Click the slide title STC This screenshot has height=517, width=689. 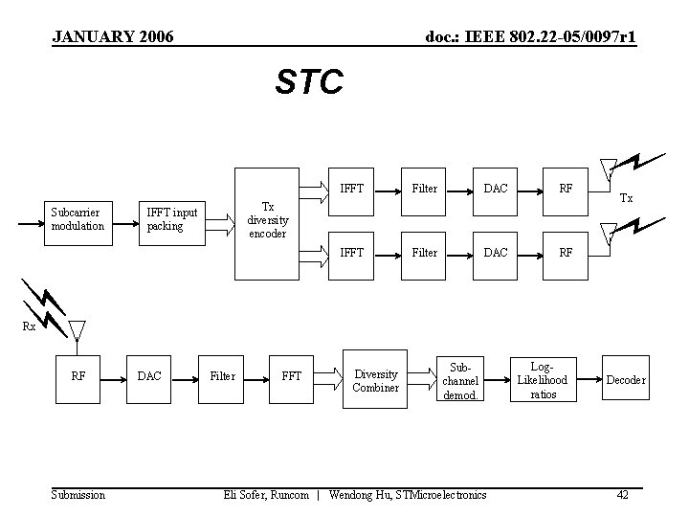[308, 83]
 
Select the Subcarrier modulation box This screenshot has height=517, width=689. [78, 219]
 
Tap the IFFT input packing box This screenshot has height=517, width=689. [172, 219]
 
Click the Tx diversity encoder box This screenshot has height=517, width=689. [268, 219]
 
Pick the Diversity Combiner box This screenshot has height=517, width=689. [375, 380]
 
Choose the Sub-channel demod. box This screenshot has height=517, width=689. [460, 380]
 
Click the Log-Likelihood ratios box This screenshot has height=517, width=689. [543, 380]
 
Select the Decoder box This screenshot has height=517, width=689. [625, 380]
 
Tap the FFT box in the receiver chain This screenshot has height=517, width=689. [291, 376]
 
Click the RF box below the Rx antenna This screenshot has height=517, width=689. [78, 376]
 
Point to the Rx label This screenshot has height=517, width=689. [30, 326]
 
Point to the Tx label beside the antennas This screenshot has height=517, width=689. [626, 198]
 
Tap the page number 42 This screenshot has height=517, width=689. [622, 495]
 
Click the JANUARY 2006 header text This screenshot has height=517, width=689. [113, 37]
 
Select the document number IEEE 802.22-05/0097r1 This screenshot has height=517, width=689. [531, 37]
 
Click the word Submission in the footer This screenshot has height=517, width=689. [78, 495]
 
